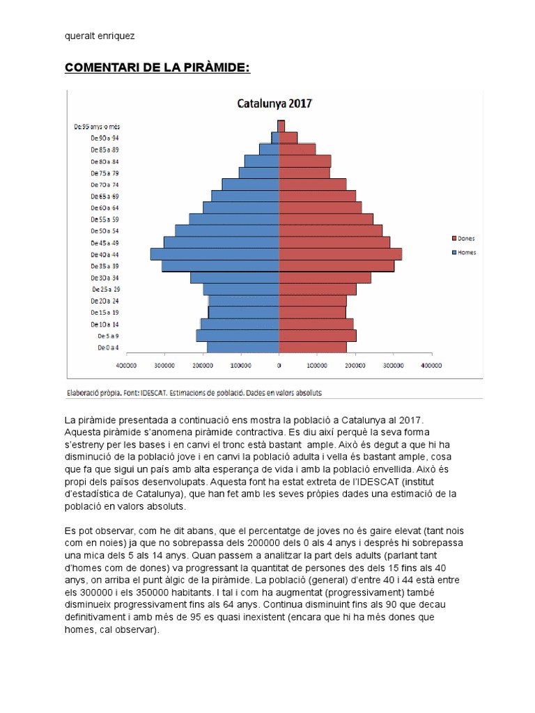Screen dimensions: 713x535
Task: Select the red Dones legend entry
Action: pos(463,239)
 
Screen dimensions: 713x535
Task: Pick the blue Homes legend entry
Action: pos(464,252)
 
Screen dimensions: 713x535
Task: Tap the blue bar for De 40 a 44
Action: pos(215,254)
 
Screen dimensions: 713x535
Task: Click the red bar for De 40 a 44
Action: pos(340,254)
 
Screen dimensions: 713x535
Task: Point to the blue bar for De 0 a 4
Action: pos(242,347)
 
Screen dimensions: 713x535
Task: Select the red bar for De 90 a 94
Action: pos(288,138)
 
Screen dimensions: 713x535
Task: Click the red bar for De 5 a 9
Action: pos(318,336)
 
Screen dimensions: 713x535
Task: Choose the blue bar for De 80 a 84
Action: pos(261,161)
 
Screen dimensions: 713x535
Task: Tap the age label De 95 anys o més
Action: pos(96,127)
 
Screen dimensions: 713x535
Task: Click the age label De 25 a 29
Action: pos(105,289)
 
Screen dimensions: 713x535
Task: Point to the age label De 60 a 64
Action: pos(105,207)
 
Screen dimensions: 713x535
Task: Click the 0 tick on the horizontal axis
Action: pos(279,364)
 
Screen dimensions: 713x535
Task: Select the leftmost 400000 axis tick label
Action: pos(126,364)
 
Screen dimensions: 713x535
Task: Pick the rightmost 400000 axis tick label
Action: pos(431,364)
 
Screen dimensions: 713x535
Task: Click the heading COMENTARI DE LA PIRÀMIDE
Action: pos(157,67)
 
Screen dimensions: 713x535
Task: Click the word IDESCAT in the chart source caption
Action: pos(157,393)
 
